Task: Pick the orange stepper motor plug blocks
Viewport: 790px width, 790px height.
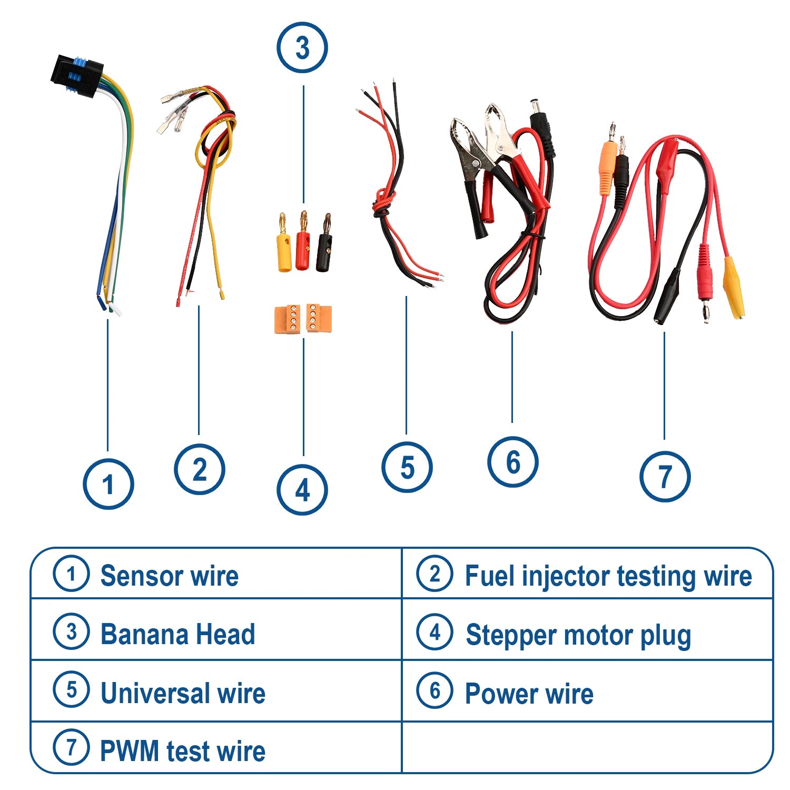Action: click(x=303, y=319)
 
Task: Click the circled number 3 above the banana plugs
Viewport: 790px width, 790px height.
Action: click(x=302, y=48)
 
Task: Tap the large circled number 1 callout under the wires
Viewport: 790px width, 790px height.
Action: click(x=108, y=484)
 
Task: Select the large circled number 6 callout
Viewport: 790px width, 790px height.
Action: click(x=512, y=462)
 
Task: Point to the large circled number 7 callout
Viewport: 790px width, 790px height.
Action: click(x=665, y=476)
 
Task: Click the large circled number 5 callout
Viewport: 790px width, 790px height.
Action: click(x=407, y=467)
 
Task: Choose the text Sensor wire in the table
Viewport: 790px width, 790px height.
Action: click(x=169, y=576)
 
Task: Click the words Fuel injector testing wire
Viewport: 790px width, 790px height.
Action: click(x=608, y=576)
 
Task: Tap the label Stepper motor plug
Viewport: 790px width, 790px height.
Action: click(x=578, y=635)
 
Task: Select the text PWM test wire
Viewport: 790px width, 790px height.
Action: click(x=182, y=751)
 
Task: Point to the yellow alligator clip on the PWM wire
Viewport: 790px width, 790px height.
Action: click(x=734, y=287)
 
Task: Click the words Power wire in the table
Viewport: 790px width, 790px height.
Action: click(x=529, y=694)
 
